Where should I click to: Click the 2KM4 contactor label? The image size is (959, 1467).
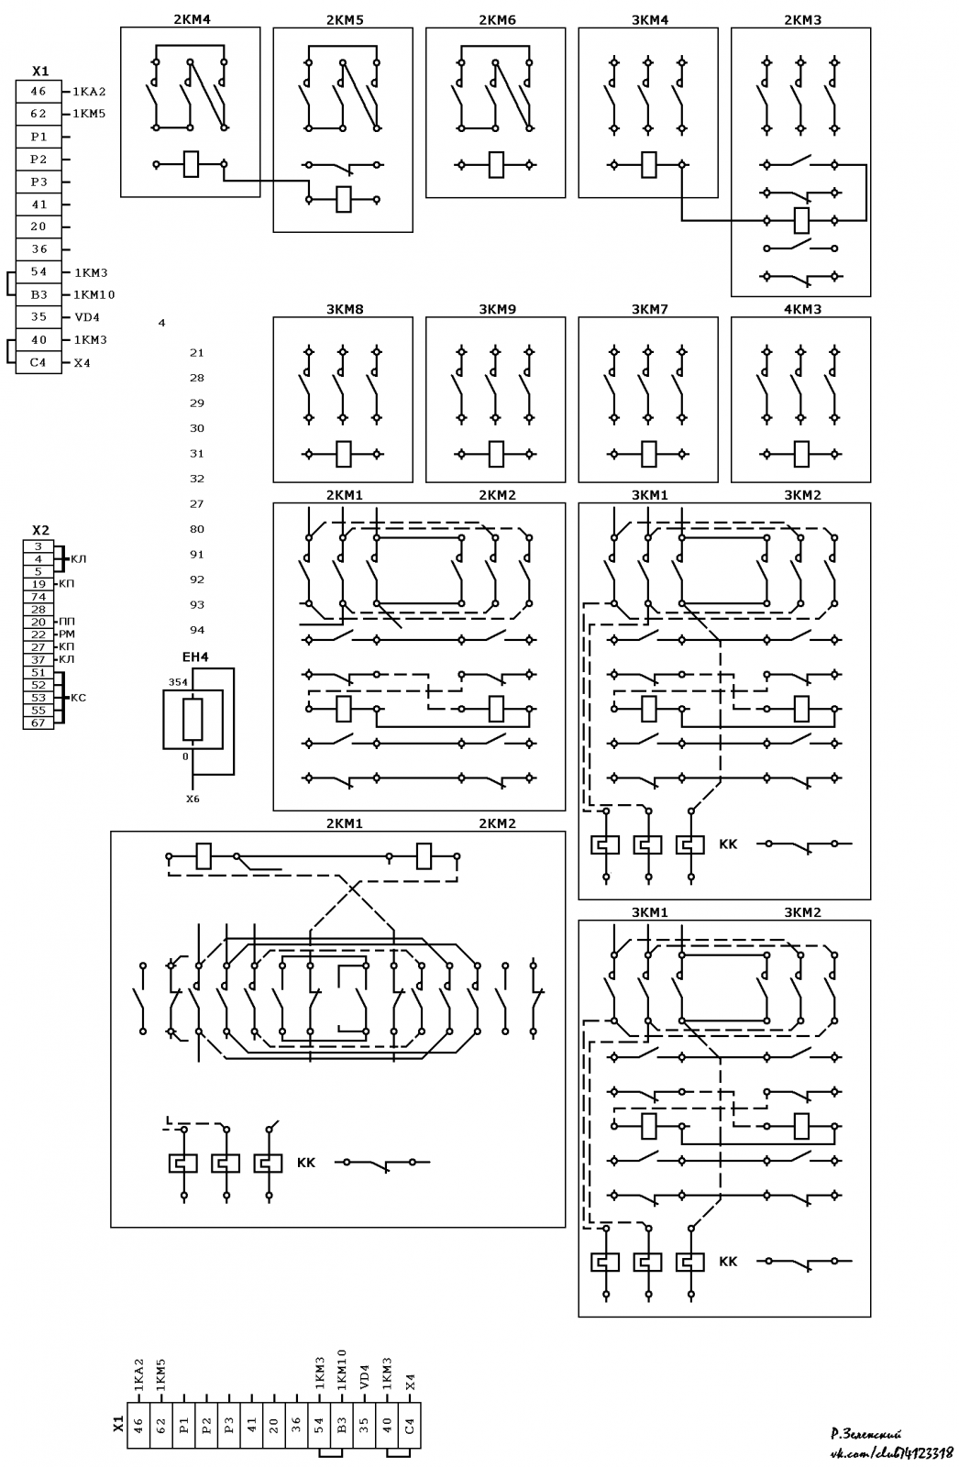coord(192,19)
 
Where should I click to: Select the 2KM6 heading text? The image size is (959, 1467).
coord(497,19)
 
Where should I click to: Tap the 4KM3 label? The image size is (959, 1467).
coord(802,309)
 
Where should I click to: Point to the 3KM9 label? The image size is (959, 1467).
coord(497,309)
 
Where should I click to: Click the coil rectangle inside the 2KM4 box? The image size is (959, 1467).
coord(191,164)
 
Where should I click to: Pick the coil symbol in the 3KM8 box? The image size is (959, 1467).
coord(343,453)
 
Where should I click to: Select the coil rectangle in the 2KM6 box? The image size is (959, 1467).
coord(496,164)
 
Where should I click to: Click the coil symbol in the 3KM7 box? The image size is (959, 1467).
coord(648,453)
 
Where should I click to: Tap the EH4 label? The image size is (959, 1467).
coord(195,656)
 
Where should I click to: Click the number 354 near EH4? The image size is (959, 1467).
coord(178,682)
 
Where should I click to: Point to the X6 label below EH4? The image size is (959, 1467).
coord(193,799)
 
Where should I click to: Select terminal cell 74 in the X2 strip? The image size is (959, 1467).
coord(39,597)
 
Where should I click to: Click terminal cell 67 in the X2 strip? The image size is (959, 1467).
coord(39,723)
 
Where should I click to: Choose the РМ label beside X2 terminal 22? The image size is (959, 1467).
coord(67,634)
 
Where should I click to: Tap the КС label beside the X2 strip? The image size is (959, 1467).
coord(78,698)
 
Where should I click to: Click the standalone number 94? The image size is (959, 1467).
coord(197,630)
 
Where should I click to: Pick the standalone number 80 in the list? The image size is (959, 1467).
coord(197,529)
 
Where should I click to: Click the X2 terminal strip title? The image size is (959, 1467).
coord(40,530)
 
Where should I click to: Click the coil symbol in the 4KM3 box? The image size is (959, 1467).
coord(801,453)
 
